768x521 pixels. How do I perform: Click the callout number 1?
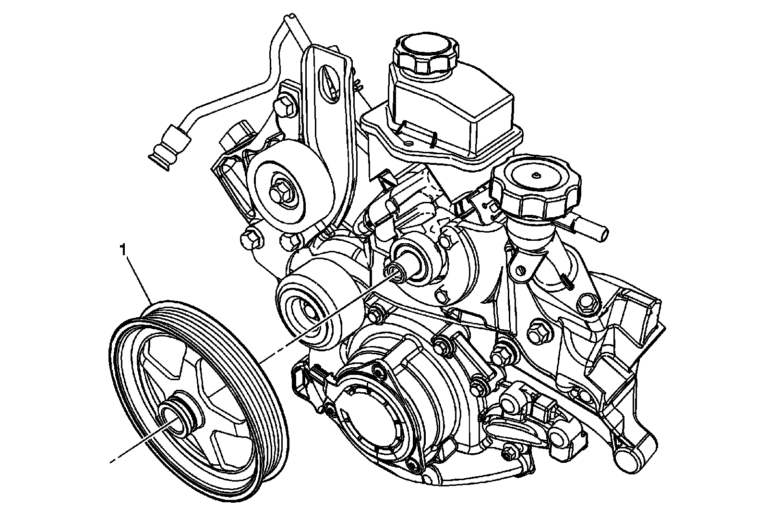click(x=123, y=250)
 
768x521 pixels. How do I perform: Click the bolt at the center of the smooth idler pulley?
click(x=280, y=193)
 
